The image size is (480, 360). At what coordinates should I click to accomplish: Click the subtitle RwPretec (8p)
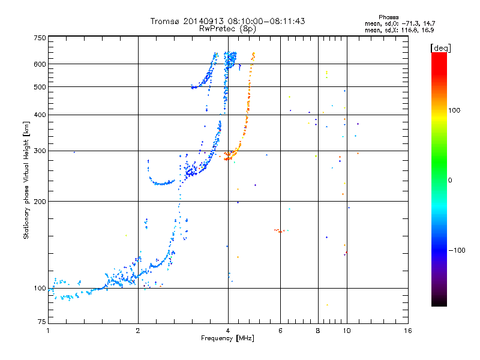tap(227, 29)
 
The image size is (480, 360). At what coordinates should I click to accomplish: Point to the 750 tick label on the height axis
tap(40, 38)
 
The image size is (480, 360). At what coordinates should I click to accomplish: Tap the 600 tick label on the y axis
tap(40, 64)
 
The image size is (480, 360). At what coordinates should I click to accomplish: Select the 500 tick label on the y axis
tap(40, 87)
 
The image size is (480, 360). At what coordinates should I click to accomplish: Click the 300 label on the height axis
tap(40, 151)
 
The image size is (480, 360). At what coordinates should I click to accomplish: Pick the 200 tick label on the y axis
tap(40, 202)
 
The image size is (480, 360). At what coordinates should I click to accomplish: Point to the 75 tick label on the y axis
tap(42, 322)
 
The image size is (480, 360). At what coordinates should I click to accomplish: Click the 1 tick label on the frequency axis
tap(48, 331)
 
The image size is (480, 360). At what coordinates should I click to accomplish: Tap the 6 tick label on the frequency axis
tap(280, 331)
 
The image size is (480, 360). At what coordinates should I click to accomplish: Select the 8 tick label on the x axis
tap(318, 331)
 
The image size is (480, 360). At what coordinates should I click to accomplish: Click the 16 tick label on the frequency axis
tap(408, 331)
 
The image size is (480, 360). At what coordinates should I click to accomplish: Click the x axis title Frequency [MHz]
tap(227, 338)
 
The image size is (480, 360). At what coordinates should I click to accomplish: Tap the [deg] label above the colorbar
tap(440, 48)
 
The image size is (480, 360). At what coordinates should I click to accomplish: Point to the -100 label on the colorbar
tap(457, 250)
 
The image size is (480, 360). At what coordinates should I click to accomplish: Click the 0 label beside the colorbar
tap(450, 181)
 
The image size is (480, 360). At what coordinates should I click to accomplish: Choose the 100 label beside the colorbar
tap(454, 110)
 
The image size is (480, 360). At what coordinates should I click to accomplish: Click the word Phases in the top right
tap(389, 17)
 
